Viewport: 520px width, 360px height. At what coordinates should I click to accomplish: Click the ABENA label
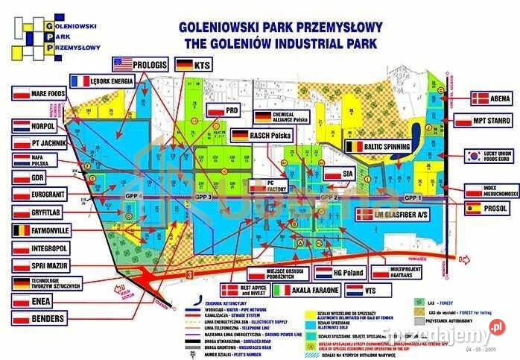pyautogui.click(x=491, y=98)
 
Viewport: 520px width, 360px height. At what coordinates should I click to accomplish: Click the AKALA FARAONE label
pyautogui.click(x=305, y=289)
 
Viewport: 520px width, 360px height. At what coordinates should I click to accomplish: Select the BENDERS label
pyautogui.click(x=41, y=319)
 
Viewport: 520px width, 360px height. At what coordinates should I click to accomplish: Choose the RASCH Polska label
pyautogui.click(x=261, y=136)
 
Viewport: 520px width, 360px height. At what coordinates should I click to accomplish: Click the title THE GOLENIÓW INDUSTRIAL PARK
pyautogui.click(x=281, y=43)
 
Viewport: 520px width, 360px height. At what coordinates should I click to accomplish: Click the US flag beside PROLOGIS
pyautogui.click(x=122, y=63)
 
